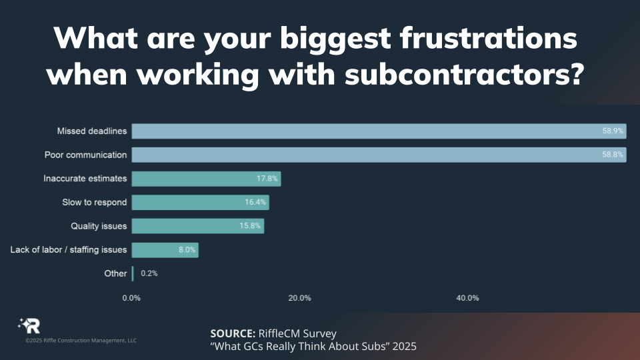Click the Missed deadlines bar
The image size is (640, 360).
(x=379, y=131)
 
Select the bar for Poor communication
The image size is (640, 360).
(x=379, y=155)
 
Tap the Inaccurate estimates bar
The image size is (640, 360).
(x=206, y=179)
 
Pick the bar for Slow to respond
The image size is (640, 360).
(x=200, y=202)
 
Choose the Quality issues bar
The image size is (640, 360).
(x=197, y=226)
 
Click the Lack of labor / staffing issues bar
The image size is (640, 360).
(x=165, y=250)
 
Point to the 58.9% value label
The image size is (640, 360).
(x=613, y=131)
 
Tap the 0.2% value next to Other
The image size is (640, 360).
(x=149, y=273)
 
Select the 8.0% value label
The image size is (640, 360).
(x=186, y=250)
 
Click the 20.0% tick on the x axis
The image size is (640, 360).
(x=299, y=298)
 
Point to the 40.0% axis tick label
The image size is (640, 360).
(x=467, y=298)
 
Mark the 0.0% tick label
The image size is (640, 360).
(x=131, y=298)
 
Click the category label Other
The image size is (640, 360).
(x=115, y=273)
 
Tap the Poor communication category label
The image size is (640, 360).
(x=85, y=155)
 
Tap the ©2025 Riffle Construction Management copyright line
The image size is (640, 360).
(x=81, y=341)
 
